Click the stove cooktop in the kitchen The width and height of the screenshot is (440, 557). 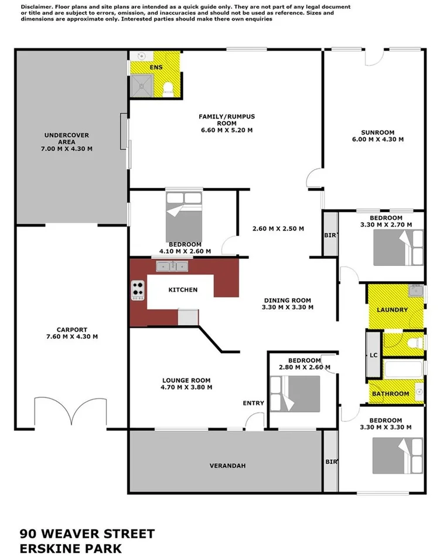(138, 291)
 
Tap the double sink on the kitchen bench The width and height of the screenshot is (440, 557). (172, 267)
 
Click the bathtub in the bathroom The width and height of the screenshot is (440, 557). (403, 369)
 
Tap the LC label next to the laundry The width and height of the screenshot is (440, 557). (373, 355)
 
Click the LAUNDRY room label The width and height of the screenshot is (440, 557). (392, 310)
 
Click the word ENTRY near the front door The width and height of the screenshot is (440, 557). (254, 403)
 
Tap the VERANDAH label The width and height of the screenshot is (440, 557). (227, 466)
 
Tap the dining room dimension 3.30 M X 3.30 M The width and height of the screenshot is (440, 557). (287, 307)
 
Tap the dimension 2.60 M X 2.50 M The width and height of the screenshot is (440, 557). (277, 229)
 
